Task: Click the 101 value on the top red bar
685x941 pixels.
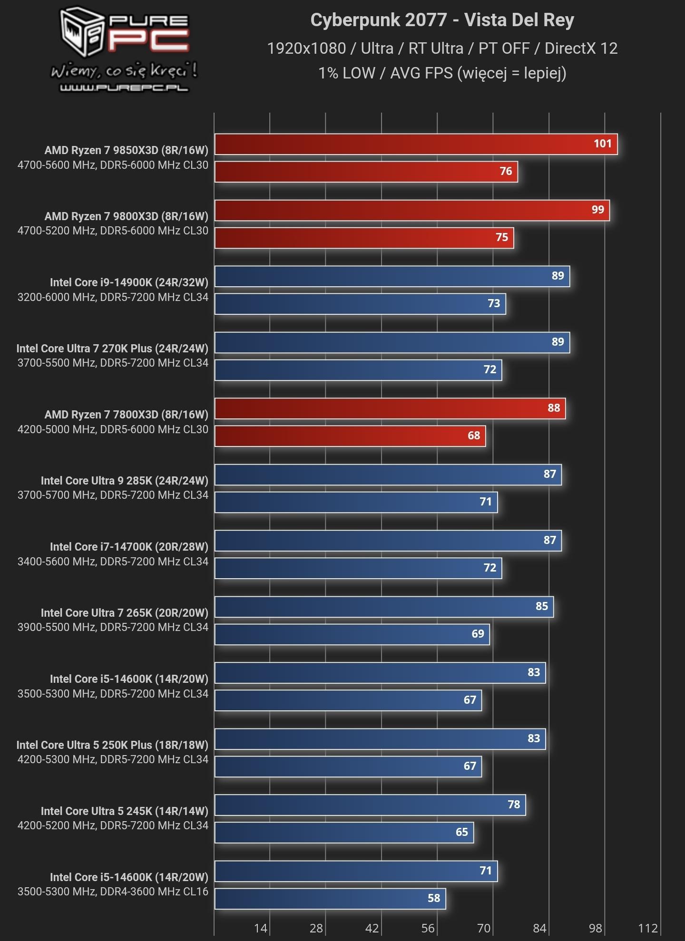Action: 602,144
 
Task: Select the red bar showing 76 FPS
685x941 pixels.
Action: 366,172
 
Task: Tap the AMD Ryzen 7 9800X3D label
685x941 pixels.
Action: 126,216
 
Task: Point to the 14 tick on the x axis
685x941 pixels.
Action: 261,928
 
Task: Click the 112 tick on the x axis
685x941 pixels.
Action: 648,928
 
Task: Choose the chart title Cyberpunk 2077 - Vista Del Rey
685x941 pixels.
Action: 442,20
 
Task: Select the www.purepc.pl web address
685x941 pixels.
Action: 124,88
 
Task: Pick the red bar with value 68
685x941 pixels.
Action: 350,436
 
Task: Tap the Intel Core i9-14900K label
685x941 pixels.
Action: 129,282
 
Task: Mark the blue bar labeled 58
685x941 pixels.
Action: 330,899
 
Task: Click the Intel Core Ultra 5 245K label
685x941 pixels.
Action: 124,811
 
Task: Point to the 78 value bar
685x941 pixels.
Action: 370,805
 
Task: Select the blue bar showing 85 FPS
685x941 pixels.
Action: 383,607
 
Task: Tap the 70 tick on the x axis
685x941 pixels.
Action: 484,928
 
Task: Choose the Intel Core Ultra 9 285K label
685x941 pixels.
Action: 124,481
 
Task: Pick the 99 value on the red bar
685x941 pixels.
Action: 597,210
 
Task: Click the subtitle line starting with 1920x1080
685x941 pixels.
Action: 442,49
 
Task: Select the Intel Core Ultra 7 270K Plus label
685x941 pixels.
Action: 112,349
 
